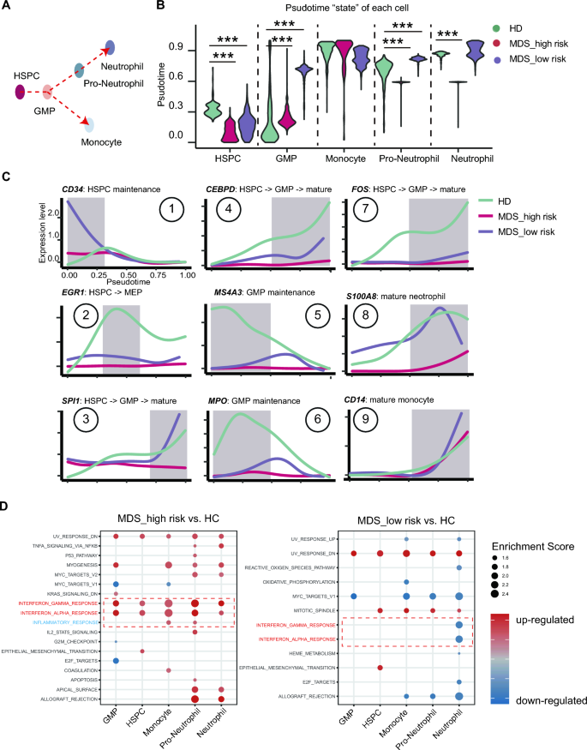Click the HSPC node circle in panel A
point(21,89)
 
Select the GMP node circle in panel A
point(49,92)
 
